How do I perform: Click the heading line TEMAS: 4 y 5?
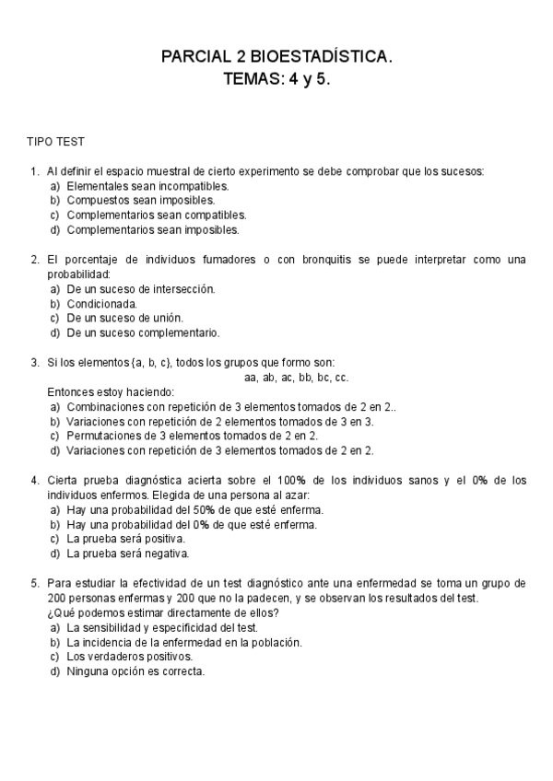[x=276, y=79]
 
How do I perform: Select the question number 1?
[x=34, y=170]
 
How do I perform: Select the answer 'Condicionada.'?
[x=102, y=303]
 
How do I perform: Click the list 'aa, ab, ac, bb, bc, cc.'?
[x=296, y=377]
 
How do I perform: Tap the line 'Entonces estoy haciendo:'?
[x=110, y=391]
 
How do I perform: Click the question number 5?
[x=34, y=583]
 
